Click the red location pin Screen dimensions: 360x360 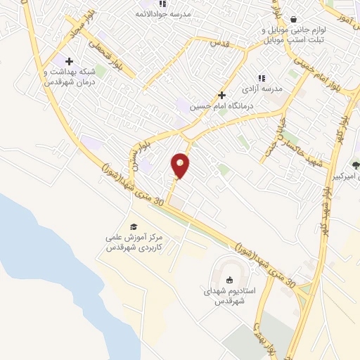[x=181, y=165]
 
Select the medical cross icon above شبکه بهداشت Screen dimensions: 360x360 [x=68, y=61]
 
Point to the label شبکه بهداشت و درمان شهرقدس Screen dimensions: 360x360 [x=68, y=77]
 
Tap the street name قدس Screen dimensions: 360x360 [x=220, y=44]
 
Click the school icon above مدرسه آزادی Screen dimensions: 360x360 [x=261, y=78]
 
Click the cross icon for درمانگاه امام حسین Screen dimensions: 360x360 [x=221, y=95]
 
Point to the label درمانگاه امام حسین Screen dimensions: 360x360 [x=221, y=106]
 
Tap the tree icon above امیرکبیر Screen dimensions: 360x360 [x=355, y=163]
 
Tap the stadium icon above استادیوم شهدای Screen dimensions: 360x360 [x=228, y=280]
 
